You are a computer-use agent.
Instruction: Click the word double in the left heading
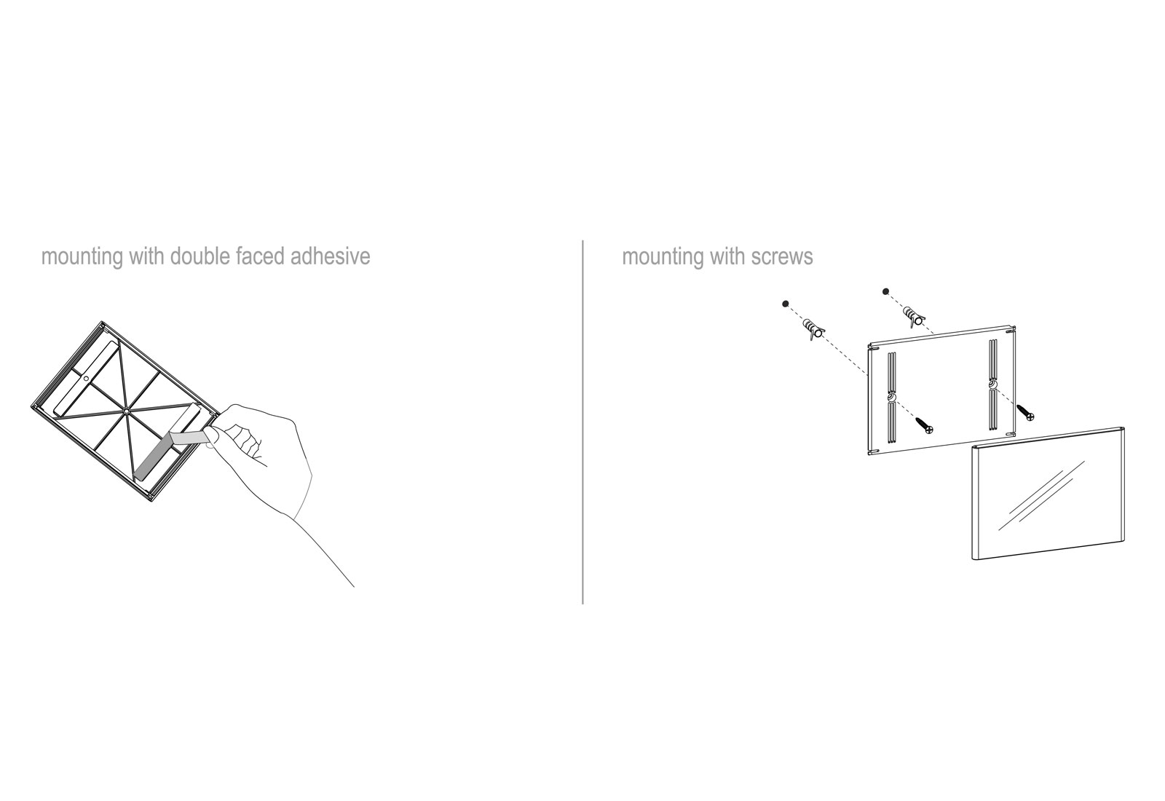click(x=200, y=256)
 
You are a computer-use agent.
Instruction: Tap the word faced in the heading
click(x=260, y=256)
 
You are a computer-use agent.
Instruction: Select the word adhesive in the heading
click(x=331, y=256)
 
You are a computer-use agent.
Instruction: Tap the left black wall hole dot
click(x=786, y=303)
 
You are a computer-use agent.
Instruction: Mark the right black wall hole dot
click(x=885, y=291)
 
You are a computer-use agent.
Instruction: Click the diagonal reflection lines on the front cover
click(x=1041, y=495)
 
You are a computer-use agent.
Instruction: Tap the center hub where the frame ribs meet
click(x=127, y=411)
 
